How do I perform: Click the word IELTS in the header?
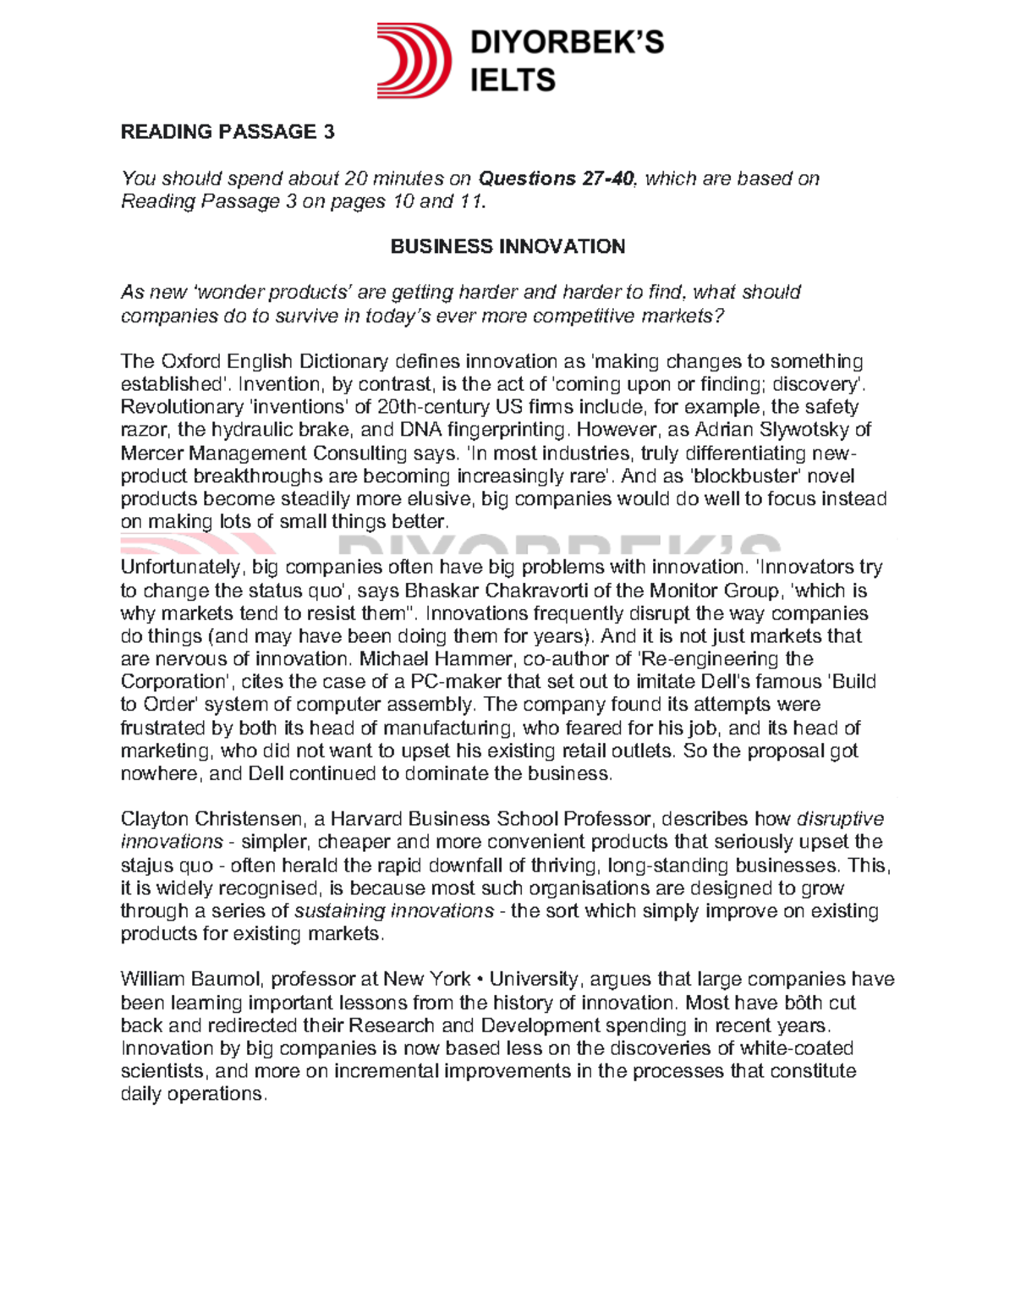(x=513, y=80)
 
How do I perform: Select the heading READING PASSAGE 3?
(x=228, y=132)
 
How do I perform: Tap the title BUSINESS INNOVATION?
(x=507, y=246)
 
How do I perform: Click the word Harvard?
(x=366, y=819)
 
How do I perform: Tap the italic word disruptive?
(x=841, y=819)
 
